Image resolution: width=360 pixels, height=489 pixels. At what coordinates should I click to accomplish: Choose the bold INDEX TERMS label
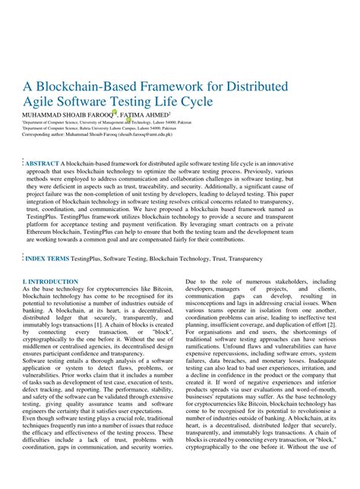(x=48, y=259)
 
